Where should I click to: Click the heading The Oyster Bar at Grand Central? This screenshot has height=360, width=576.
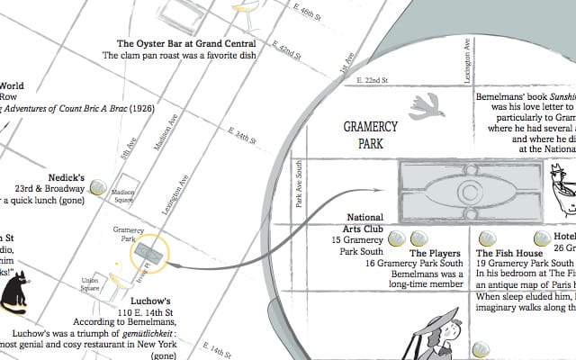(187, 43)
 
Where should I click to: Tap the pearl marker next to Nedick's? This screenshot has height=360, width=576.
(96, 187)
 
